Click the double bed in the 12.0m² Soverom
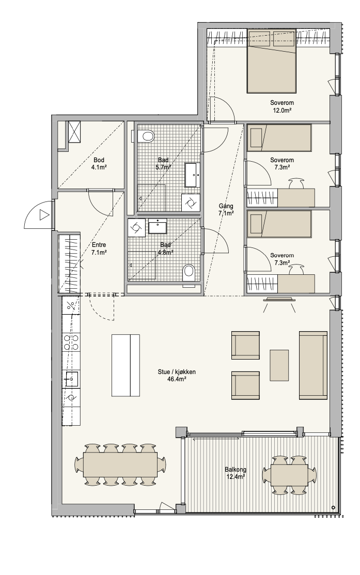(x=271, y=61)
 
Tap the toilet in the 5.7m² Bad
(x=147, y=136)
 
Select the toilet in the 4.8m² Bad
(x=189, y=272)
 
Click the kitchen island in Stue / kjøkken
(x=126, y=365)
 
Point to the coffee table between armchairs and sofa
(x=279, y=365)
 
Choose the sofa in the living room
(x=313, y=365)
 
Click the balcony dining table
(x=289, y=476)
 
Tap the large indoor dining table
(x=120, y=464)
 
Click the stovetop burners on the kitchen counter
(x=71, y=342)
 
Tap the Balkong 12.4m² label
(x=235, y=473)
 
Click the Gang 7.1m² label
(x=226, y=209)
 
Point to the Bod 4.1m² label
(x=99, y=164)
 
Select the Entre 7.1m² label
(x=99, y=248)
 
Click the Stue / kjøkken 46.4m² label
(x=177, y=376)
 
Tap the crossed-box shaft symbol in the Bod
(x=73, y=132)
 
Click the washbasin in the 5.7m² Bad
(x=193, y=175)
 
